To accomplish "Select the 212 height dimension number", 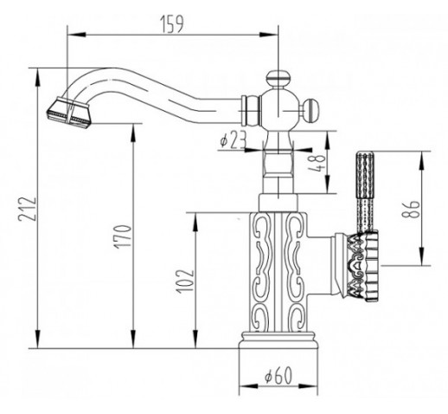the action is pyautogui.click(x=27, y=209).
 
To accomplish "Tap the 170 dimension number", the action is pyautogui.click(x=123, y=236).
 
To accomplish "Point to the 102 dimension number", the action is pyautogui.click(x=185, y=281).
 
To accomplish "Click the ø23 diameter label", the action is pyautogui.click(x=233, y=141).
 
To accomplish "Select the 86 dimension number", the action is pyautogui.click(x=410, y=209).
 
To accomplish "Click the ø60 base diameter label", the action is pyautogui.click(x=278, y=376).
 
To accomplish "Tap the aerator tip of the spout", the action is pyautogui.click(x=68, y=113).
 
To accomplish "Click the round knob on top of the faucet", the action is pyautogui.click(x=278, y=78).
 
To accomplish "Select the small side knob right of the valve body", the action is pyautogui.click(x=310, y=111).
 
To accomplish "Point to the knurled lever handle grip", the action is pyautogui.click(x=365, y=191).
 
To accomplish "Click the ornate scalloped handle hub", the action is pyautogui.click(x=363, y=267).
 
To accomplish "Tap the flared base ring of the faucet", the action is pyautogui.click(x=278, y=340).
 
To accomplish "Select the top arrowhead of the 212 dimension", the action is pyautogui.click(x=37, y=77).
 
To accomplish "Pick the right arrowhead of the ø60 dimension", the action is pyautogui.click(x=309, y=386).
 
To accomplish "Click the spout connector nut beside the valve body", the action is pyautogui.click(x=251, y=111).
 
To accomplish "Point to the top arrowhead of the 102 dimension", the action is pyautogui.click(x=195, y=222).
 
